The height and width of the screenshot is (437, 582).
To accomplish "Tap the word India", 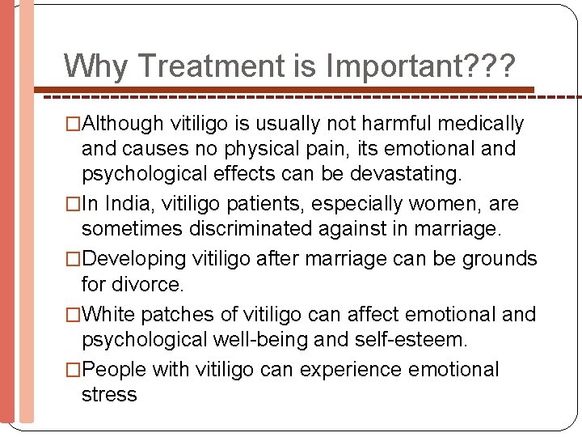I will tap(121, 203).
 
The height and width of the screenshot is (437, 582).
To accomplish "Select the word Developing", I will tap(135, 259).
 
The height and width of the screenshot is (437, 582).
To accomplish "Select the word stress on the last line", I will tap(109, 395).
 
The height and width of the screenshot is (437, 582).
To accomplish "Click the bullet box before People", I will tap(74, 371).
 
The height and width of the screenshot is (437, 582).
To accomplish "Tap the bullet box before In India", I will tap(74, 204).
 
